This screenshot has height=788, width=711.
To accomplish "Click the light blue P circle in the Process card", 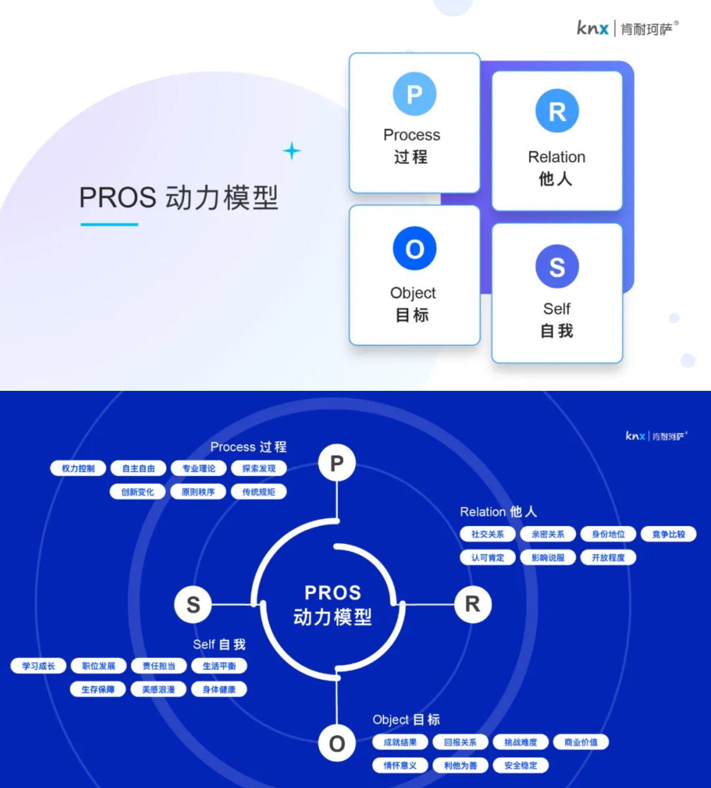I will [x=414, y=94].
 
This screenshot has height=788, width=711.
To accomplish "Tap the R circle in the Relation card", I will [x=557, y=111].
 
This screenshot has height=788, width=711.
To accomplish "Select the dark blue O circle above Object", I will [x=414, y=248].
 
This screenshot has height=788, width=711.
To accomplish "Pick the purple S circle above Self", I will [x=557, y=266].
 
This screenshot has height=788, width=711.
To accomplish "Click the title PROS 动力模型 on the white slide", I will [x=178, y=198].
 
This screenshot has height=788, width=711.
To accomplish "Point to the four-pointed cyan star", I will [x=292, y=151].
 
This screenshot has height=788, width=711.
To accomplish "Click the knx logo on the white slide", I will [x=593, y=28].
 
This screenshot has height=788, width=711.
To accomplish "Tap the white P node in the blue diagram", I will [x=337, y=463].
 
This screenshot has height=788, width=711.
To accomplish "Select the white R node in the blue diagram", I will [x=473, y=604].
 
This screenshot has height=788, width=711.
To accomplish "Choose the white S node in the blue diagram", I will [x=193, y=604].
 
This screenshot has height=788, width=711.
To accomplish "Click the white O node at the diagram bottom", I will [x=337, y=743].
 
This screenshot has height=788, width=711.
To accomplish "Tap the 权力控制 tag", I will [x=78, y=468].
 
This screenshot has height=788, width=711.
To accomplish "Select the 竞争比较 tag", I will [x=668, y=534].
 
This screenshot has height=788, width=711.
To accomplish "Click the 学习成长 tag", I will [x=38, y=666].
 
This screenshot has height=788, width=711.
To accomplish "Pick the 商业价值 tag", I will [x=581, y=742].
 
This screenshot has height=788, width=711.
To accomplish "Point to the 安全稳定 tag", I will [x=521, y=765].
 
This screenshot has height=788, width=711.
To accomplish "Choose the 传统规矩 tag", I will [x=258, y=492].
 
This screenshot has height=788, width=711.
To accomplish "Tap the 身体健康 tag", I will [x=219, y=689].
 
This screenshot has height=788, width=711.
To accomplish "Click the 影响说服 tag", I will [x=548, y=557].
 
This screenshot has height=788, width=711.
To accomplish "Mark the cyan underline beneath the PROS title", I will [x=109, y=224].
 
